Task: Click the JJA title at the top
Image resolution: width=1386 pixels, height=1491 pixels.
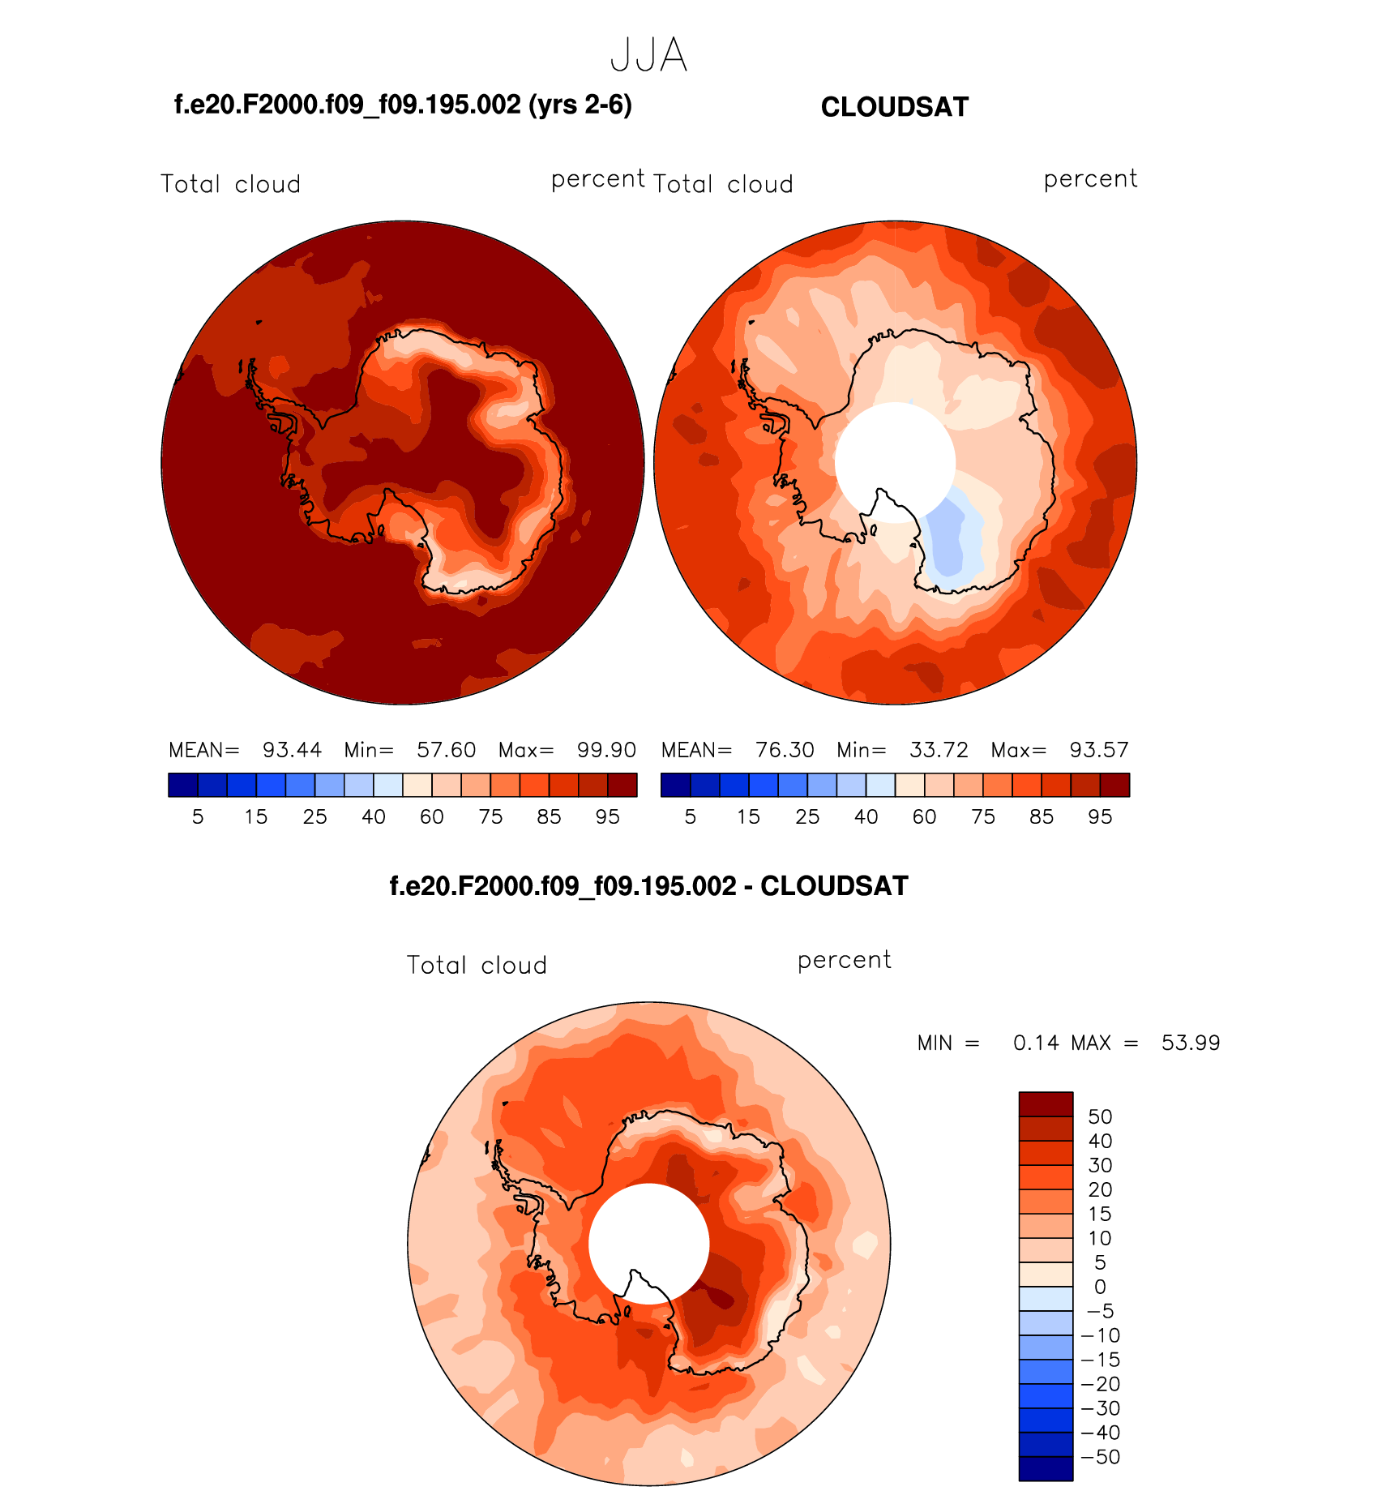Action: [648, 56]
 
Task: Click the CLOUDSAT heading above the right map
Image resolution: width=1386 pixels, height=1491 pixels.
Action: [894, 107]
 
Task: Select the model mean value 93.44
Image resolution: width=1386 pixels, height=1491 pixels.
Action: [292, 750]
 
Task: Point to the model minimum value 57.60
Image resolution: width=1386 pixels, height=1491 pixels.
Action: [446, 750]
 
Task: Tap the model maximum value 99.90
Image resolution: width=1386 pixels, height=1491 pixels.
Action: [606, 750]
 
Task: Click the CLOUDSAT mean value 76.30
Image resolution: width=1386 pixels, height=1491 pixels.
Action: [785, 750]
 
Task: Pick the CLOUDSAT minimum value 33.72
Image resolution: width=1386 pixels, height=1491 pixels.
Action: [939, 750]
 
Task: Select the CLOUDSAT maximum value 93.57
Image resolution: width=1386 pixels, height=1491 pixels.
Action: [1099, 750]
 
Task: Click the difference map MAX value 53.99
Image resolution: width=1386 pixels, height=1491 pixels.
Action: [1191, 1043]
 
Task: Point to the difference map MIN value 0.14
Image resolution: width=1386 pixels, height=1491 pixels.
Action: [1036, 1043]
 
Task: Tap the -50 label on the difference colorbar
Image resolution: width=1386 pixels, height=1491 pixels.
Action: [1101, 1457]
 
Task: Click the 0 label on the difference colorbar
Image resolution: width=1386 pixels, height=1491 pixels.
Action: [1100, 1287]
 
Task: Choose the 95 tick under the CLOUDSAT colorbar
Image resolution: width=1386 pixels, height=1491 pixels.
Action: [1100, 817]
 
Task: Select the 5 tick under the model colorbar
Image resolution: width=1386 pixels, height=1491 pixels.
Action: [198, 817]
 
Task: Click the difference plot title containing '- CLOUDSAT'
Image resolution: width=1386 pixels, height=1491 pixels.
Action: [648, 886]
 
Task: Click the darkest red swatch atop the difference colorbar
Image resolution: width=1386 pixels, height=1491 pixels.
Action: [1046, 1104]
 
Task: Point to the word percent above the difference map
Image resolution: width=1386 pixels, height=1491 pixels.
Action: [844, 960]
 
